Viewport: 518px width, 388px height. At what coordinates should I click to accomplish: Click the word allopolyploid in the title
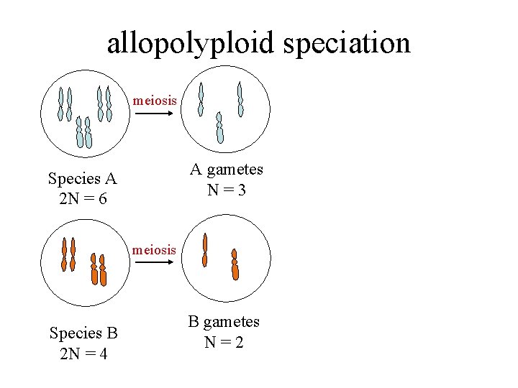191,44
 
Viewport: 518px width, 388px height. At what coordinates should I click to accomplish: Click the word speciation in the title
347,44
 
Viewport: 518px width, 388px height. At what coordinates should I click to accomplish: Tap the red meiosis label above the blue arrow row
155,101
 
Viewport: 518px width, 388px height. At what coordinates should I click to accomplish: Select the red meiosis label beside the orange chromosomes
155,250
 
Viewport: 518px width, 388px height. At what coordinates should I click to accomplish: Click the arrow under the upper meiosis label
154,113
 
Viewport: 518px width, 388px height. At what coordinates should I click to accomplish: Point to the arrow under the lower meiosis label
154,263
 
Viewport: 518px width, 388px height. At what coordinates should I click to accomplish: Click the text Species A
82,177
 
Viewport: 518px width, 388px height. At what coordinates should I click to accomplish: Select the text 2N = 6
82,198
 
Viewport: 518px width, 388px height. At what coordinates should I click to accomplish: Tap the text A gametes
227,170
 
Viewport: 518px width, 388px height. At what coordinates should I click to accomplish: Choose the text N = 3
227,190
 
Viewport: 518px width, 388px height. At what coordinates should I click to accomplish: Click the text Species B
83,333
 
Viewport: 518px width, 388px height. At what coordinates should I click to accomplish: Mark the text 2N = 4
83,354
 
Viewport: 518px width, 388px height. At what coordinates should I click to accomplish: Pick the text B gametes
224,322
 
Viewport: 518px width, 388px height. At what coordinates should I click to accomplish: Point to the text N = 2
224,342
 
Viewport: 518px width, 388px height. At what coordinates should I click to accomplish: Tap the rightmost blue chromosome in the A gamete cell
240,99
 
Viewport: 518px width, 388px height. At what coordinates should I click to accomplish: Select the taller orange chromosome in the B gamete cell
205,250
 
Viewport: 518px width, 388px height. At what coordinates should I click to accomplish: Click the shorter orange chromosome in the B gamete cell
235,264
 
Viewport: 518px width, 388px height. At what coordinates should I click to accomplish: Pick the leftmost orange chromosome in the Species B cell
64,254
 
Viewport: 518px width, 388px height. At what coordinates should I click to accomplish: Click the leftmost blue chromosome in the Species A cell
61,104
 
